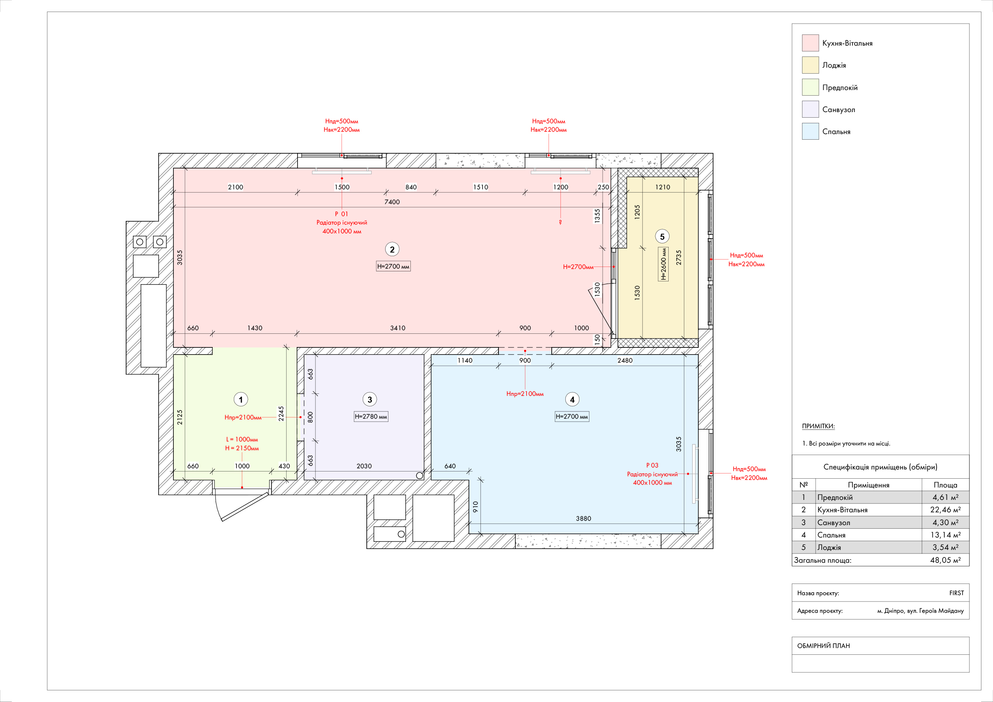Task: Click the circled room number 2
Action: pos(392,249)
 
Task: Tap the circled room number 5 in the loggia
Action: pos(662,237)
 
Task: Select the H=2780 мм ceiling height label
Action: pos(371,417)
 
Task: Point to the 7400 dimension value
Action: pos(392,202)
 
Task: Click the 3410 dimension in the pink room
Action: pos(398,328)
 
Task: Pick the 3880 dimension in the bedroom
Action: pos(583,518)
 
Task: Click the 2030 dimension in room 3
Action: pos(364,466)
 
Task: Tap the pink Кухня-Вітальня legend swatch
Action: pos(810,43)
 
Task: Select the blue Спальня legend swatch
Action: pos(810,131)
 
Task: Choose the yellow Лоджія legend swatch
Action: pos(810,65)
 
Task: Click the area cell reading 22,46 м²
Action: pos(945,509)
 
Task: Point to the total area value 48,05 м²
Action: pos(945,560)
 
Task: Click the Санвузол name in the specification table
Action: pos(833,523)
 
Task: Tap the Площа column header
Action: pos(945,485)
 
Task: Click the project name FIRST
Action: pos(956,593)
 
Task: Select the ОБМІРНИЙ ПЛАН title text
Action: pos(824,646)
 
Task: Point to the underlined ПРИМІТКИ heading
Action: pos(818,426)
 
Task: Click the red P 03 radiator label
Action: pos(652,465)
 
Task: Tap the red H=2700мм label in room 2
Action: pos(578,267)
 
